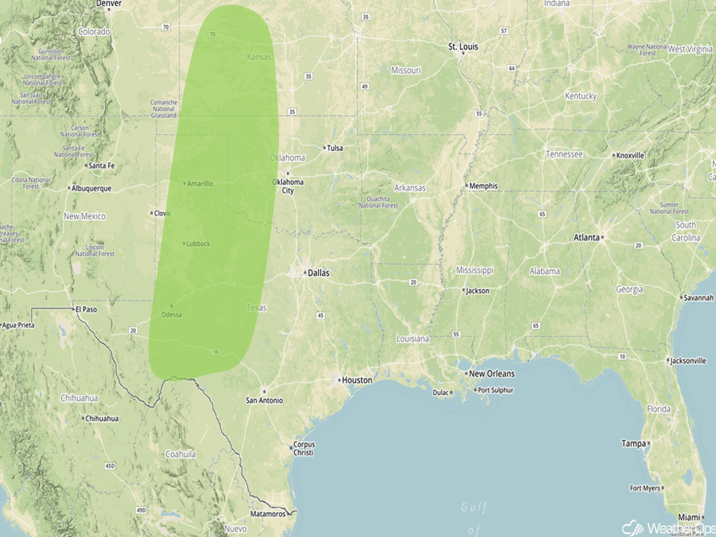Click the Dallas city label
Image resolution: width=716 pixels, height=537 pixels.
point(318,272)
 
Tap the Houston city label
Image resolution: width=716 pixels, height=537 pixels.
point(356,379)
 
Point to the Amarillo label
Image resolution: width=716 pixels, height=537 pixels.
point(200,184)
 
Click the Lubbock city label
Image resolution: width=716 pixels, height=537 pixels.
point(197,244)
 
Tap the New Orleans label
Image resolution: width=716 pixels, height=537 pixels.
point(491,373)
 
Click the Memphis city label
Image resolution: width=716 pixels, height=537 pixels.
point(483,186)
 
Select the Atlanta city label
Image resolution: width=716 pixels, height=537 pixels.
point(587,238)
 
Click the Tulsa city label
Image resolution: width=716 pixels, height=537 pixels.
point(334,148)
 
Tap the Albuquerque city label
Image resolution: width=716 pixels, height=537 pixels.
point(91,188)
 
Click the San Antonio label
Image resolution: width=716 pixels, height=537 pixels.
point(264,400)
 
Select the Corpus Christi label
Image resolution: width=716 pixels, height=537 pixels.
point(303,448)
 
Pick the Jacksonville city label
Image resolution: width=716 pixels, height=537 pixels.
point(689,360)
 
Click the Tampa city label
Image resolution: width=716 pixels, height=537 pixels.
point(633,443)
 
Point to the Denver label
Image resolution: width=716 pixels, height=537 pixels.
point(108,4)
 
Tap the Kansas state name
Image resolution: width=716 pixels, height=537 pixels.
point(259,57)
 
